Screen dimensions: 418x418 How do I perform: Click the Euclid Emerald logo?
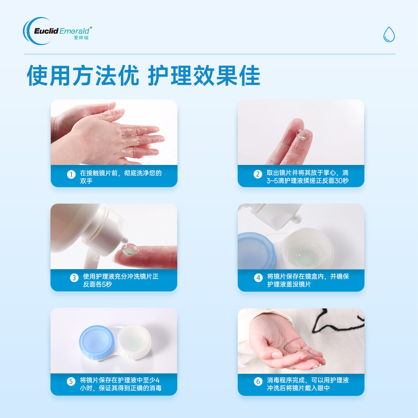click(57, 31)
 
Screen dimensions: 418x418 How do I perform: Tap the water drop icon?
click(389, 35)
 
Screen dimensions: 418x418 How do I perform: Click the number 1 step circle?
click(71, 174)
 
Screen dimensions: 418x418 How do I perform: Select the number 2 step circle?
click(258, 174)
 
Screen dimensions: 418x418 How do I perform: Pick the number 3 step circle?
click(74, 278)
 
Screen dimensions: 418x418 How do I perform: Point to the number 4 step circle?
click(258, 278)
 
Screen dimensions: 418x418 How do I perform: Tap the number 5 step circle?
click(71, 381)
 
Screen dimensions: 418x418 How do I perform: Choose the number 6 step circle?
click(258, 381)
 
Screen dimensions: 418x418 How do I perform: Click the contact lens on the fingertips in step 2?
click(304, 134)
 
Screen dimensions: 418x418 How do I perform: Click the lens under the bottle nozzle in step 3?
click(130, 249)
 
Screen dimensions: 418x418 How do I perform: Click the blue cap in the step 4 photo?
click(255, 251)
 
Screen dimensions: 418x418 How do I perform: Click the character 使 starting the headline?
click(38, 76)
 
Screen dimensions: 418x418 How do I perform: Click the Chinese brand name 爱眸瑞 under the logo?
click(81, 38)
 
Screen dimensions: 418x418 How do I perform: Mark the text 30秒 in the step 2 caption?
click(342, 181)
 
